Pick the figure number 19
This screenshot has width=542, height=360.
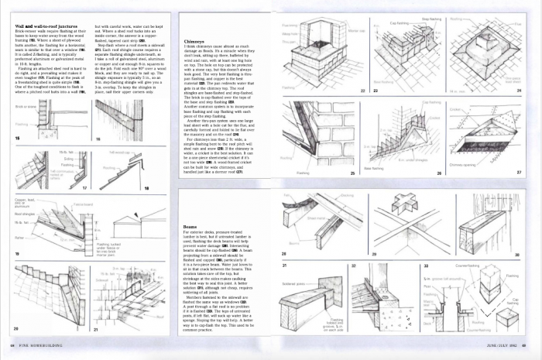(17, 253)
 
